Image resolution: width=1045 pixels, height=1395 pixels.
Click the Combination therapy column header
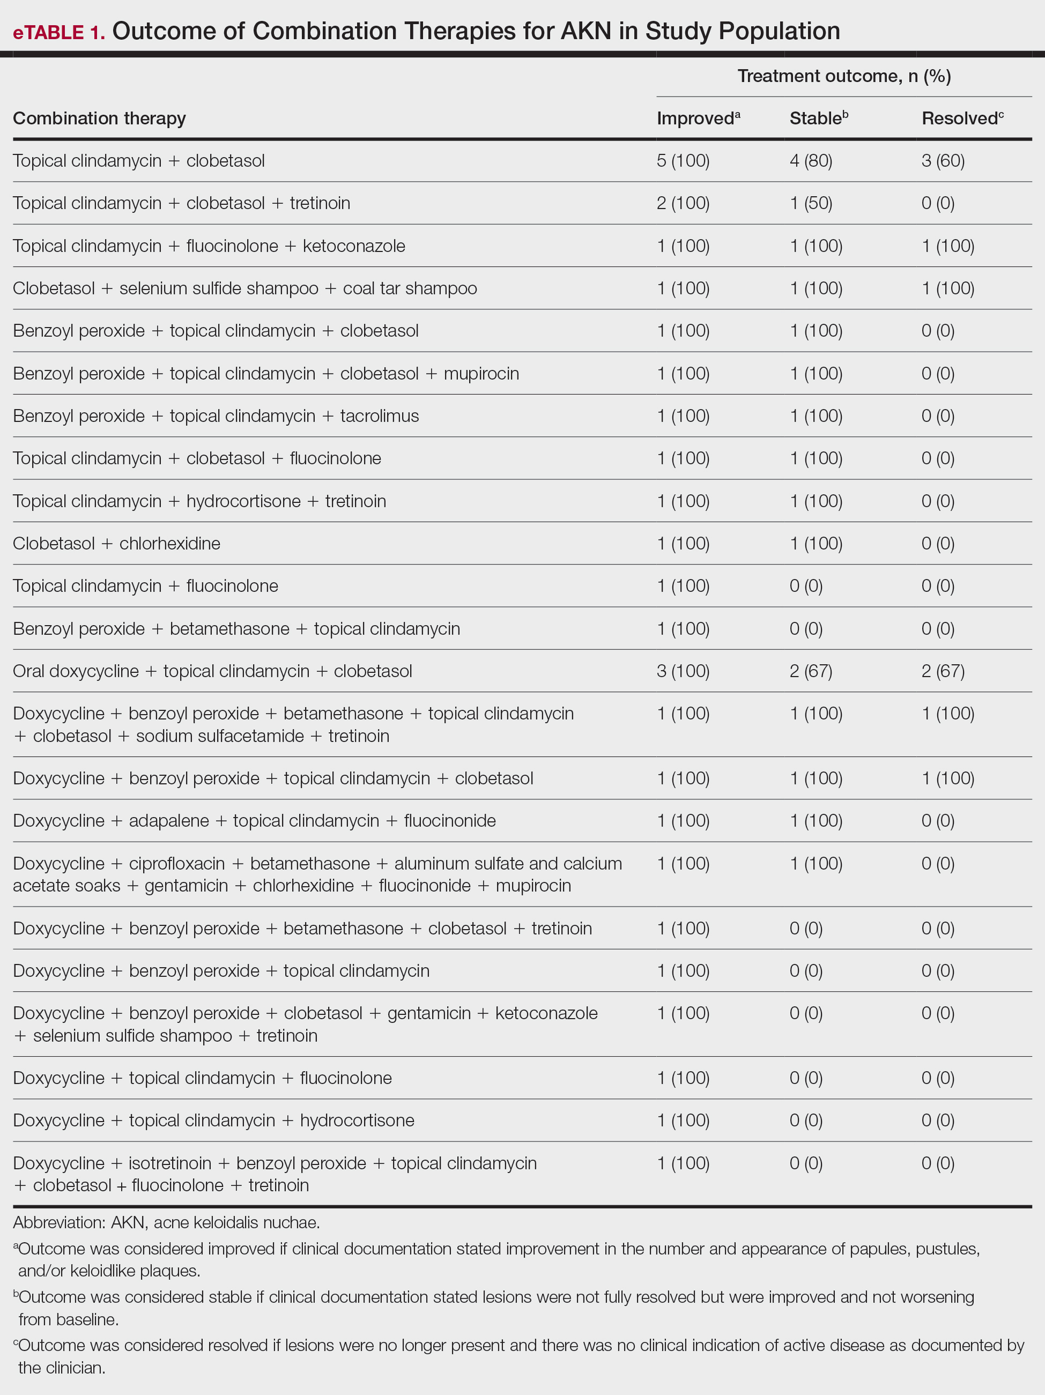pos(100,118)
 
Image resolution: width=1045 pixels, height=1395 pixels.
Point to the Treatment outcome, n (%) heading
pos(844,76)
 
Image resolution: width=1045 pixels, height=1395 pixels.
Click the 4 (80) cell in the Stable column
pos(810,161)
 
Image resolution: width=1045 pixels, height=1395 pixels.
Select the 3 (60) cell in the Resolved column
pos(942,161)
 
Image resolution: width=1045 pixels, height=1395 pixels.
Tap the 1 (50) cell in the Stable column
pos(810,203)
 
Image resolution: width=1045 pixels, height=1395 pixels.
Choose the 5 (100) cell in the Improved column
pos(683,161)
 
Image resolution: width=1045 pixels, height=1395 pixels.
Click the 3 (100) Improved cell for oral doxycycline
pos(683,671)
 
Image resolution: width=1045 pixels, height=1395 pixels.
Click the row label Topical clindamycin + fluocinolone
pos(145,586)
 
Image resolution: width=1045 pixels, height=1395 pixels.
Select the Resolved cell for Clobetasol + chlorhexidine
pos(937,544)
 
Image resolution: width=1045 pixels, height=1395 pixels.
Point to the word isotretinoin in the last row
pos(169,1163)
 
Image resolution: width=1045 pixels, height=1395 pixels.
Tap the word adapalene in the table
pos(168,820)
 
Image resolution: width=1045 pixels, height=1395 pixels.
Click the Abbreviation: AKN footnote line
pos(166,1222)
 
